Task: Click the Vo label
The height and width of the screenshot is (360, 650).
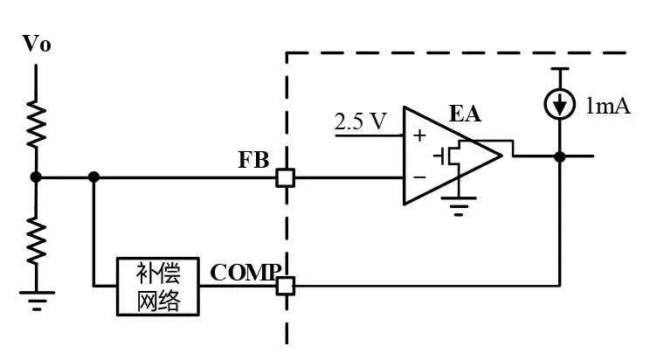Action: point(37,44)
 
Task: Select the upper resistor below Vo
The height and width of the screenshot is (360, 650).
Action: point(37,123)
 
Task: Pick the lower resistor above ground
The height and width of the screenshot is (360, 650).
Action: point(37,241)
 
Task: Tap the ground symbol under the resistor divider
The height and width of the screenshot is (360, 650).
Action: point(37,301)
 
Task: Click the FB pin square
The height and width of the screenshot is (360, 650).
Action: point(286,178)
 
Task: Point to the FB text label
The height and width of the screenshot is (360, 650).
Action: point(253,160)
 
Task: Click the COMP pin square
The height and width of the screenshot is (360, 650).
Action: point(286,286)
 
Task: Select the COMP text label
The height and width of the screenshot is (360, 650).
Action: point(245,273)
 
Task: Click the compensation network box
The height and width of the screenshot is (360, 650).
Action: point(158,287)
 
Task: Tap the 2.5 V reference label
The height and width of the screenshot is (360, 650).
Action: point(360,121)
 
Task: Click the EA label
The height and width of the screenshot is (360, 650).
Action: point(465,114)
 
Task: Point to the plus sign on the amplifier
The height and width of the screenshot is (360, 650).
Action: point(419,135)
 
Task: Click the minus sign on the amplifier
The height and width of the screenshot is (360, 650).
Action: point(419,177)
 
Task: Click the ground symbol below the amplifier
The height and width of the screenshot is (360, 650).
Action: point(459,206)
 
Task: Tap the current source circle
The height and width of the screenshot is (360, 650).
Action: point(560,104)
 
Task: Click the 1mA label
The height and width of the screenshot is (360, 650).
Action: point(608,106)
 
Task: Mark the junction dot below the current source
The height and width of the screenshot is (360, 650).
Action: point(560,156)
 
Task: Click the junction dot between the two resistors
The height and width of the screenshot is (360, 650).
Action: point(36,177)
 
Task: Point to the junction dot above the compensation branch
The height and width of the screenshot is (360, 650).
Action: point(94,177)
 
